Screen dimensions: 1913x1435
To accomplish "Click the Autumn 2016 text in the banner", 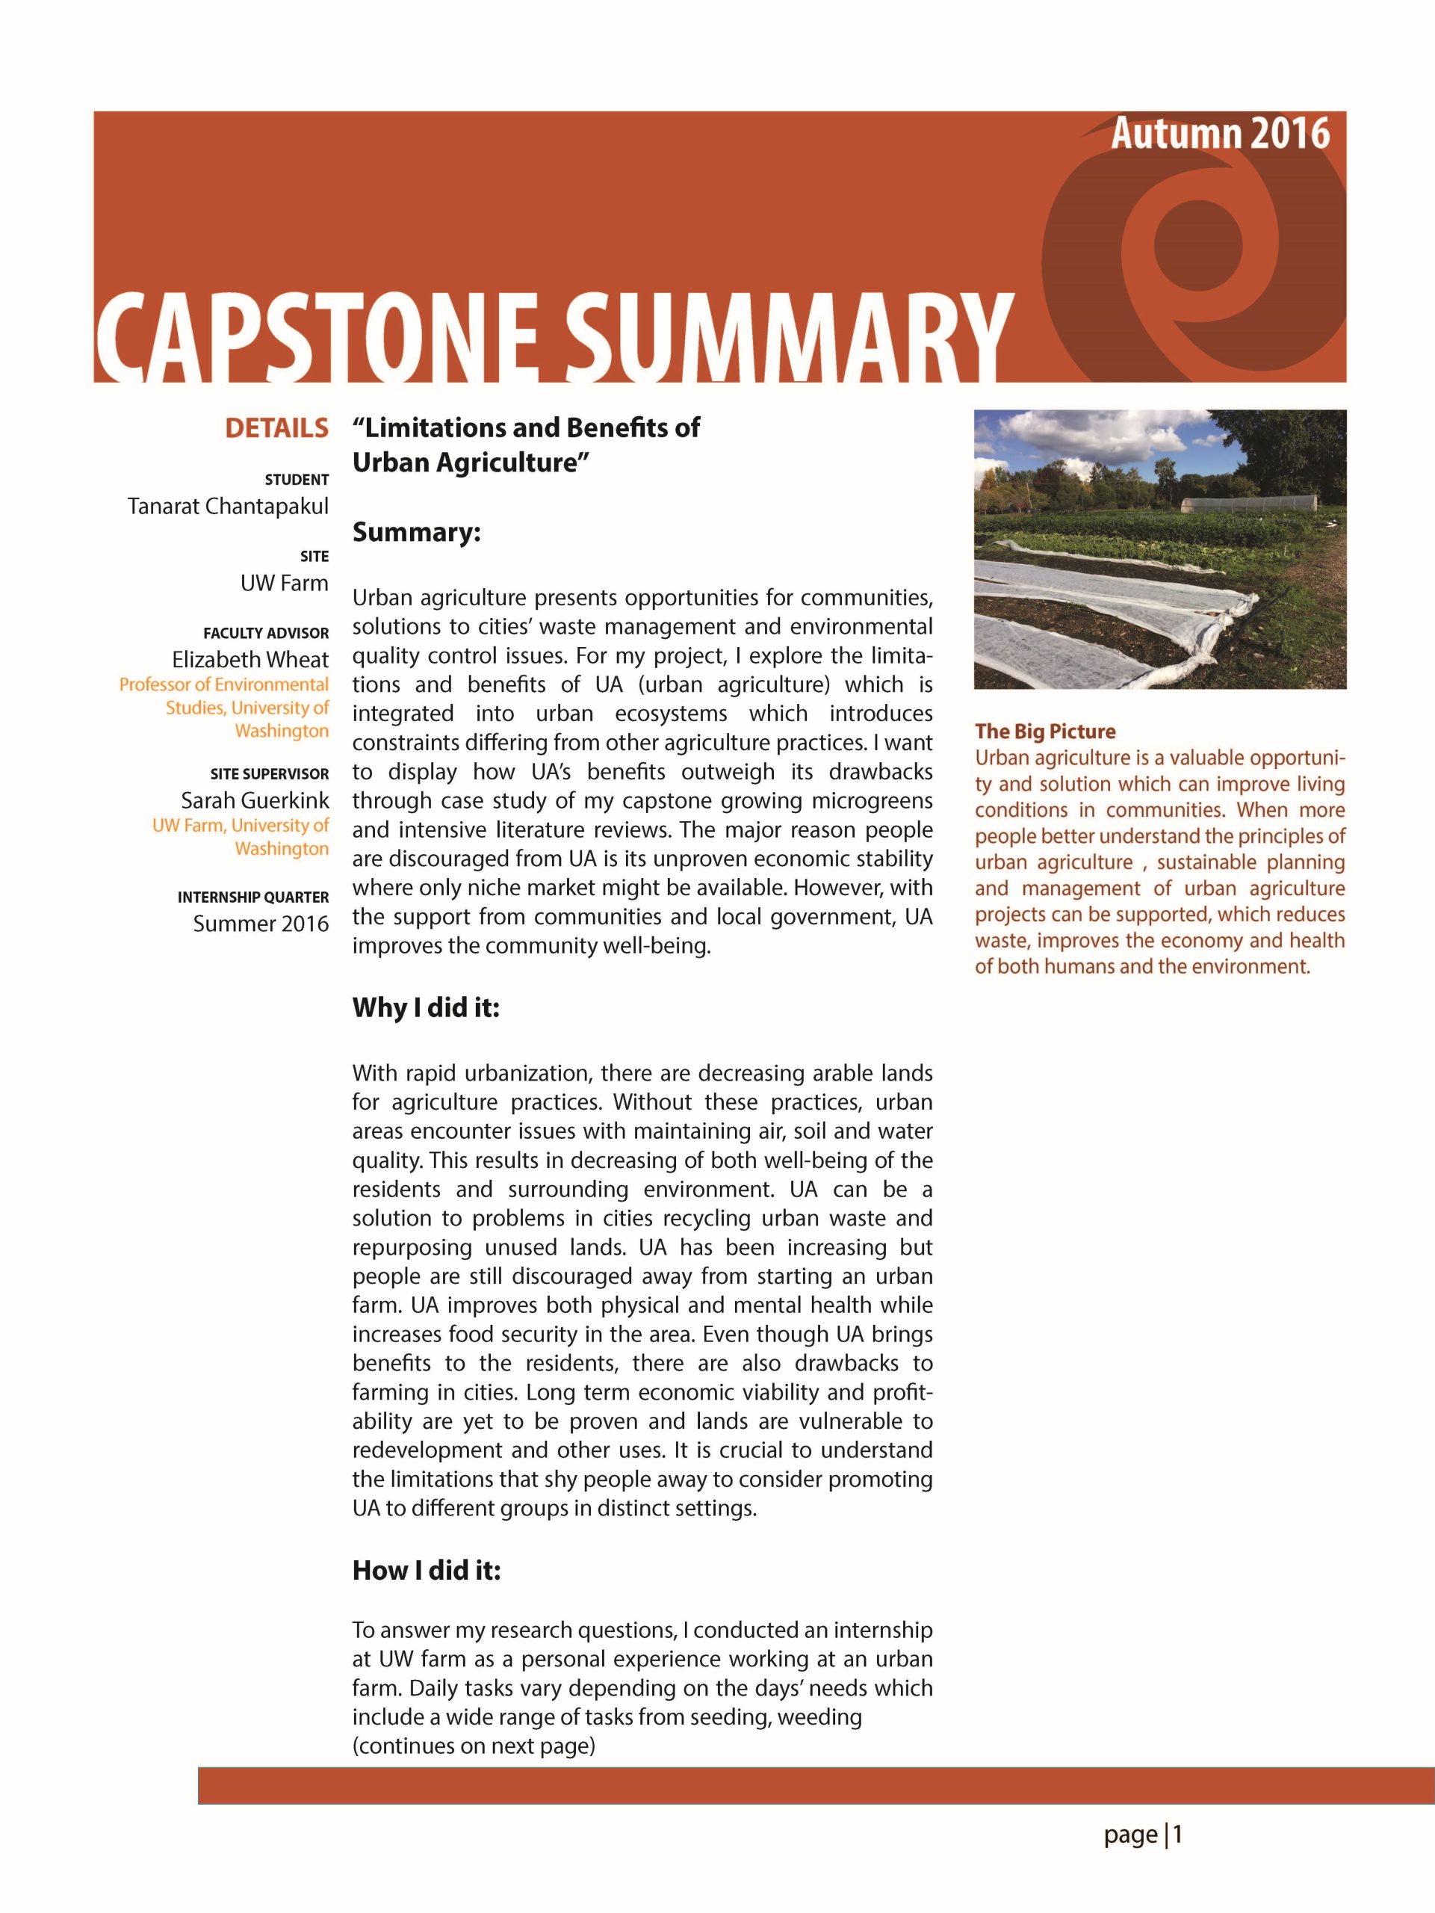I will [x=1219, y=134].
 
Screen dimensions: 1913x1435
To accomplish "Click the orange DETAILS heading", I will [x=276, y=428].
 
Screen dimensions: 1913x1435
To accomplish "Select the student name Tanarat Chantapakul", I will [x=229, y=506].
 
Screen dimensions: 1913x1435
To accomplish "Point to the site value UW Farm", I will [x=285, y=583].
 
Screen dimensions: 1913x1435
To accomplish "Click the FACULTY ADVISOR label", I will [x=266, y=634].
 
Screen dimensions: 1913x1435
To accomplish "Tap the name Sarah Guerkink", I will [x=255, y=800].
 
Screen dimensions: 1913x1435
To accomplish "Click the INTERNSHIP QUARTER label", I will [x=253, y=897].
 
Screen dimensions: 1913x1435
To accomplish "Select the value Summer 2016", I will [x=261, y=924].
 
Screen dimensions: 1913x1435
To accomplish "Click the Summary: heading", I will [x=416, y=532].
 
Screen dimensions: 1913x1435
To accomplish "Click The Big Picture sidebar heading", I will [x=1045, y=732].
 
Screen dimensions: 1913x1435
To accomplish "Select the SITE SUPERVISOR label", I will [x=270, y=774].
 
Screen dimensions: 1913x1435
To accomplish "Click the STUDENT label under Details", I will [x=297, y=480].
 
